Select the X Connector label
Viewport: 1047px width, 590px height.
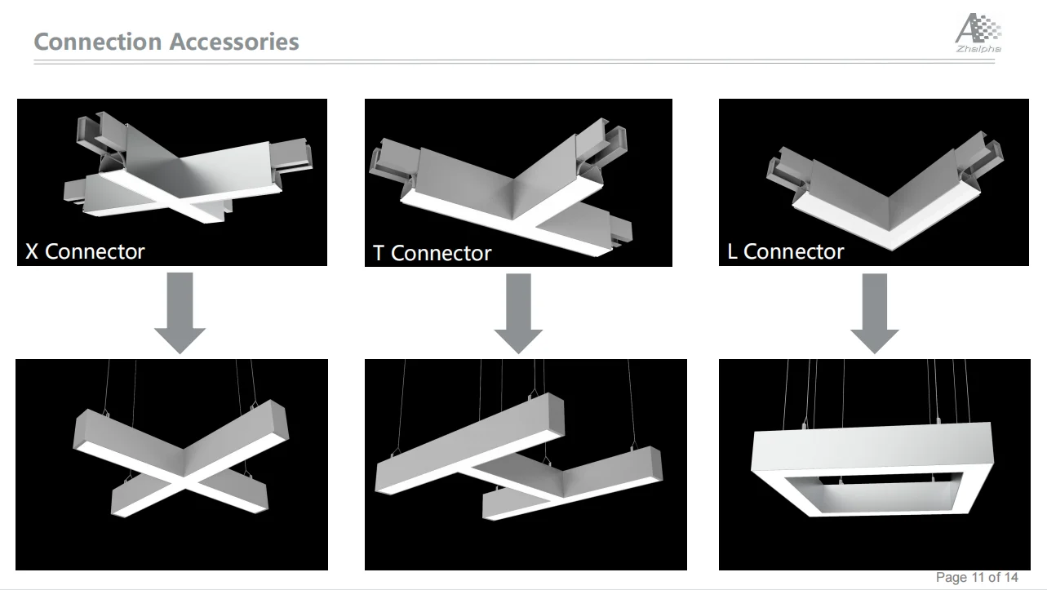click(85, 251)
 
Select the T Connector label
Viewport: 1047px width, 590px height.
click(432, 253)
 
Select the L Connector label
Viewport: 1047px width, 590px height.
click(785, 251)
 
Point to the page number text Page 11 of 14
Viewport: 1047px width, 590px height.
click(977, 578)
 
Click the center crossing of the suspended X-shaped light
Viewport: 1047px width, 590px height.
click(186, 482)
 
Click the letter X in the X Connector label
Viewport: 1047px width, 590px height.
click(32, 251)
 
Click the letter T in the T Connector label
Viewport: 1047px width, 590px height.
click(379, 253)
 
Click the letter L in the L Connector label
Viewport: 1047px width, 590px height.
click(732, 251)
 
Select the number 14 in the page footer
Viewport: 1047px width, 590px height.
click(1010, 578)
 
